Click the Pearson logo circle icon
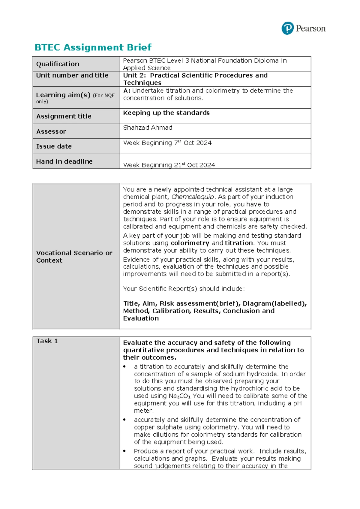tap(287, 29)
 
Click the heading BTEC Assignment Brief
tap(93, 47)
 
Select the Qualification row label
tap(58, 64)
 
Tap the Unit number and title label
tap(72, 75)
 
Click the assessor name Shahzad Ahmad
tap(148, 128)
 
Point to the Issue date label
tap(54, 146)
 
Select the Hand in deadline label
tap(64, 161)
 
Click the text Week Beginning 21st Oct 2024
tap(169, 165)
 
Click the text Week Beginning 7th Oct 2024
tap(167, 143)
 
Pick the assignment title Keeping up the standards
tap(166, 113)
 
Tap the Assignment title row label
tap(64, 116)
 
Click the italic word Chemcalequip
tap(193, 197)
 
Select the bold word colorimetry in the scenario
tap(190, 243)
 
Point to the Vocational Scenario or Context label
tap(74, 257)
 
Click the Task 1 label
tap(47, 341)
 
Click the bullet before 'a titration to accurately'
tap(124, 367)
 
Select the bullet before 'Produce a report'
tap(124, 451)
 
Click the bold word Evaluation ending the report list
tap(141, 318)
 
